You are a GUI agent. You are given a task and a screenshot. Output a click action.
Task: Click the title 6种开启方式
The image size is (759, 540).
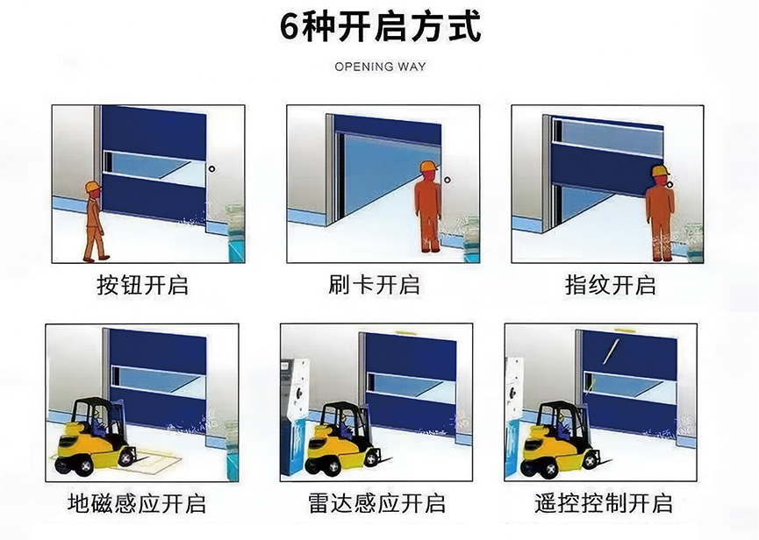(x=380, y=27)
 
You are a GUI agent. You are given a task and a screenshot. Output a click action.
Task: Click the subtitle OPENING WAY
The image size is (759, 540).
(x=380, y=67)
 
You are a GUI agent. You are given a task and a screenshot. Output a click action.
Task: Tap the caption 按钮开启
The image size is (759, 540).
(x=143, y=285)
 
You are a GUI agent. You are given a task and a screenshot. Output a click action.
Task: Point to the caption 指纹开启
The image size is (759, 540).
(x=611, y=285)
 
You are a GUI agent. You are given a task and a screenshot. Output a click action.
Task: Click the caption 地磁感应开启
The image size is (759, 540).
(x=137, y=503)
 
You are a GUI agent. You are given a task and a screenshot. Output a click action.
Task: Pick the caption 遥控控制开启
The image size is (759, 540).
(x=604, y=503)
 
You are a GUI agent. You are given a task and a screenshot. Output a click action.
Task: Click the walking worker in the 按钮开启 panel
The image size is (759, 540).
(x=93, y=221)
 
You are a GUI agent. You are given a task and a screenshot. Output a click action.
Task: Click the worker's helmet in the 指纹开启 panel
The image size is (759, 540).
(x=659, y=170)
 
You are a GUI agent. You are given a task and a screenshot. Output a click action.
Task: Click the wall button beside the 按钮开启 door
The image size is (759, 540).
(x=211, y=168)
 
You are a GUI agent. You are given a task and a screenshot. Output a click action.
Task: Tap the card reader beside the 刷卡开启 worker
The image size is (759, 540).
(x=448, y=181)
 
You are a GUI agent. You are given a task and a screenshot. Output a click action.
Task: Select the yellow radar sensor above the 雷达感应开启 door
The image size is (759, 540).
(x=405, y=332)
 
